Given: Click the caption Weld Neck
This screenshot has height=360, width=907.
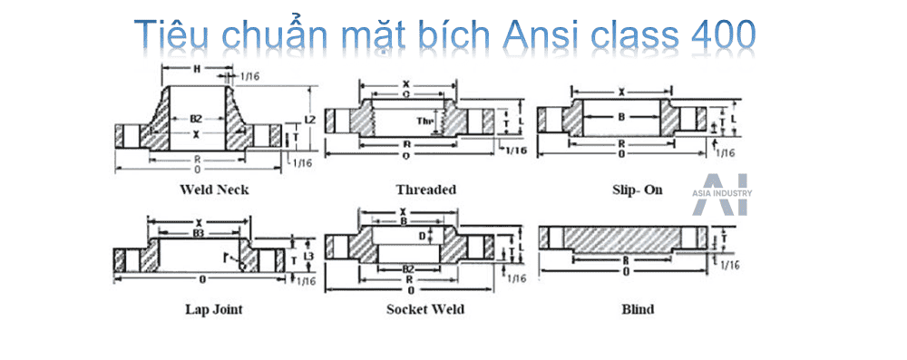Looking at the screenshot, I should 214,190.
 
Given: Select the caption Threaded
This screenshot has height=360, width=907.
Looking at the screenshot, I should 425,190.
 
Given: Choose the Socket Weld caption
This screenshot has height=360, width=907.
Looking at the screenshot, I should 425,309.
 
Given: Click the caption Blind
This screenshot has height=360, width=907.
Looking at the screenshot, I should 638,309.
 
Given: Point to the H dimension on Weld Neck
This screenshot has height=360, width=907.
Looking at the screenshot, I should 198,70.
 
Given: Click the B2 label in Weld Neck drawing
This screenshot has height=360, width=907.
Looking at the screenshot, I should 196,119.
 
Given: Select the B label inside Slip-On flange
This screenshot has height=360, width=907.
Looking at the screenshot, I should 622,117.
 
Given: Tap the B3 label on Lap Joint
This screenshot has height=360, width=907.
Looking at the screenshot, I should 198,234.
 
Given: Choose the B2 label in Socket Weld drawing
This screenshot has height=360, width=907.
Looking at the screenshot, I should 410,269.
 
